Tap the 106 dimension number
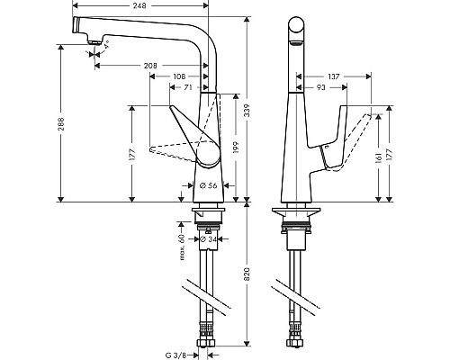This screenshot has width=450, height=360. click(181, 76)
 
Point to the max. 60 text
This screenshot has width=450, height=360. click(182, 243)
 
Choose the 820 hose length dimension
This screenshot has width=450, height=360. click(247, 279)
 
